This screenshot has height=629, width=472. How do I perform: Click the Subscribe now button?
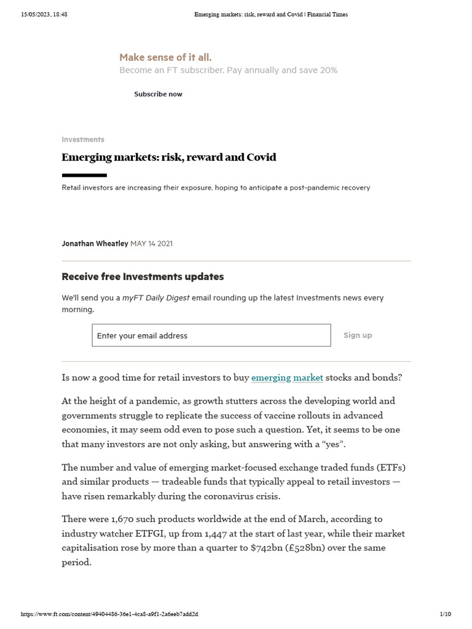tap(158, 94)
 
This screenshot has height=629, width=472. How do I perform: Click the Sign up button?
tap(357, 335)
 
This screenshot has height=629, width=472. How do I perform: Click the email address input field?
tap(211, 335)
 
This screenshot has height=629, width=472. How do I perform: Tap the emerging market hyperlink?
tap(287, 378)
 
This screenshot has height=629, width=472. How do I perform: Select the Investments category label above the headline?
tap(83, 139)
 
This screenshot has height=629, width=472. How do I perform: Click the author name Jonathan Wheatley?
tap(95, 243)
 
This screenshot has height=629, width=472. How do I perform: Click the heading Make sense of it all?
tap(165, 57)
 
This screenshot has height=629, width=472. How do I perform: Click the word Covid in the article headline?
tap(261, 157)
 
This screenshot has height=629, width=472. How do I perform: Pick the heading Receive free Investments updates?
tap(143, 276)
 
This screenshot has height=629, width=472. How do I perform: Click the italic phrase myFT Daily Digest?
tap(155, 298)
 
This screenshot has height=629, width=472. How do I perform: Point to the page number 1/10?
tap(445, 614)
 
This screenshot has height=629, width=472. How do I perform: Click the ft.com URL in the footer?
tap(109, 614)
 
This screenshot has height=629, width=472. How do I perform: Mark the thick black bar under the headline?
tap(84, 175)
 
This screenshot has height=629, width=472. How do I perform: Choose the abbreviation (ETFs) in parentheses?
tap(389, 467)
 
